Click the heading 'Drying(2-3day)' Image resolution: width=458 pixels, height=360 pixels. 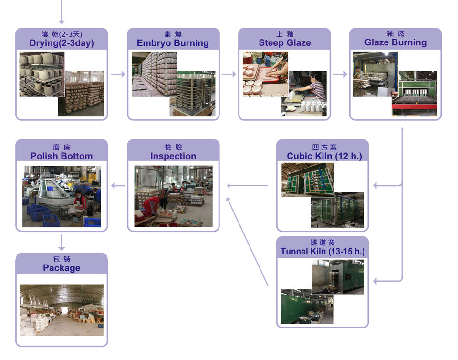coord(62,43)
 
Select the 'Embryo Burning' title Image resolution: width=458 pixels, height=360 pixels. coord(173,43)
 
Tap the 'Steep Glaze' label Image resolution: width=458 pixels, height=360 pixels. coord(284,43)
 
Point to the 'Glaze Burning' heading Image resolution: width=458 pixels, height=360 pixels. coord(396,42)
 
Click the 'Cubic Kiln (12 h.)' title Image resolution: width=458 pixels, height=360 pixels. coord(324,156)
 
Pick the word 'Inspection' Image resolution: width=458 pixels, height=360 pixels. coord(173,156)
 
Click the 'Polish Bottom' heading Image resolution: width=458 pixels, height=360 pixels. coord(62,156)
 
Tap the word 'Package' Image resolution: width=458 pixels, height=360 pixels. coord(62,268)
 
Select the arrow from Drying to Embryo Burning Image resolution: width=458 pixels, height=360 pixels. coord(118,74)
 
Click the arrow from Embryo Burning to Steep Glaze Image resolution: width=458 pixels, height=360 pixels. coord(229,74)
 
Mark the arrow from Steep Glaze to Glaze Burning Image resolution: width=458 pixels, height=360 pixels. coord(340,74)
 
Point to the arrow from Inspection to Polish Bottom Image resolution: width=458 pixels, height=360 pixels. coord(118,185)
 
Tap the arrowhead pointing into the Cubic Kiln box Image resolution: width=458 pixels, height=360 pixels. coord(376,185)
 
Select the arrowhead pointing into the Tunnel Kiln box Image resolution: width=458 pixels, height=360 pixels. coord(376,281)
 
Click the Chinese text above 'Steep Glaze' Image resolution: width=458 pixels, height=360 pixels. coord(284,34)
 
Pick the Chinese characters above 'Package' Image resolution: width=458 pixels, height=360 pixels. coord(62,259)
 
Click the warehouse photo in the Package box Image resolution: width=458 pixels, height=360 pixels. coord(62,310)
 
